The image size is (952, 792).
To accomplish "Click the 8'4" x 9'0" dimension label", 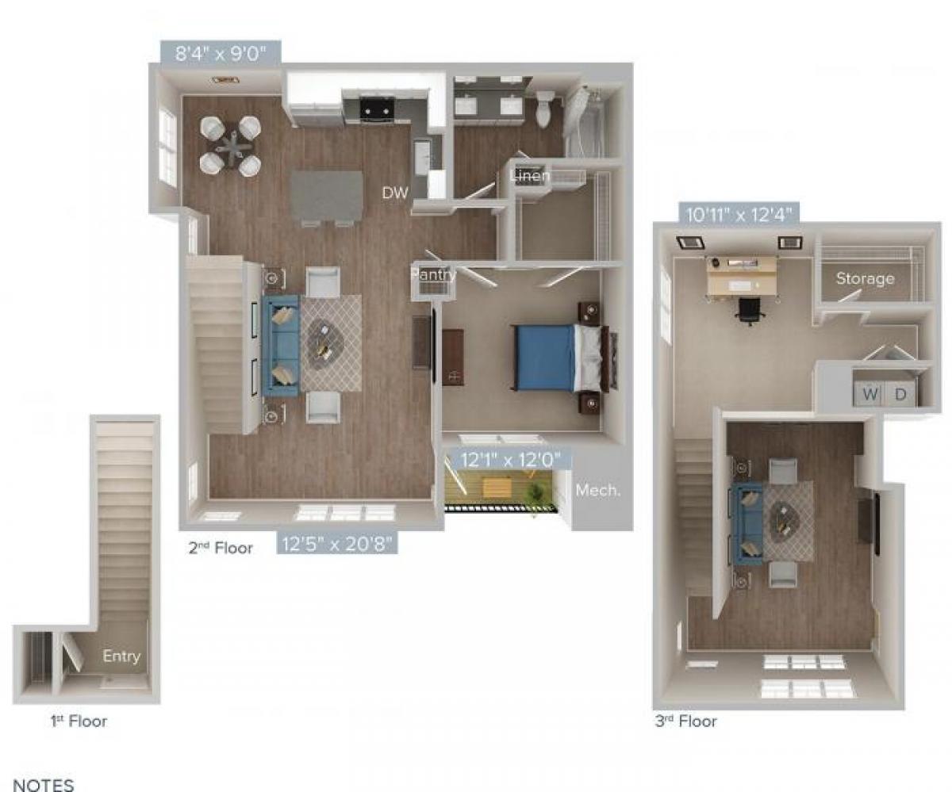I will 220,55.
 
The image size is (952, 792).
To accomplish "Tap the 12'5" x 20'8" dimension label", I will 336,544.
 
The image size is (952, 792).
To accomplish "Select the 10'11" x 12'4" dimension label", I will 738,213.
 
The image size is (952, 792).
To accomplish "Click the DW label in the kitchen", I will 395,193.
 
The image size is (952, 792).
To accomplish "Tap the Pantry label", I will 433,275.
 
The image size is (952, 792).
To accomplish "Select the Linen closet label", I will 530,176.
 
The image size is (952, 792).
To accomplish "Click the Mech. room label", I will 597,490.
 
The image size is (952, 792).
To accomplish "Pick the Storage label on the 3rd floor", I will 865,278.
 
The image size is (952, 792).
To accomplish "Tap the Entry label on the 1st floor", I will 121,656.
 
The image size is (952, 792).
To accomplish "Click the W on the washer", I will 871,393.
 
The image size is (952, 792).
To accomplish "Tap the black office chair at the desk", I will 749,311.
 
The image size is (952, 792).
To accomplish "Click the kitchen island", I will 326,197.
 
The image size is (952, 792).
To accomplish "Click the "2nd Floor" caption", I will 221,548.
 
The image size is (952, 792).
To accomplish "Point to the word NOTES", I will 44,785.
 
